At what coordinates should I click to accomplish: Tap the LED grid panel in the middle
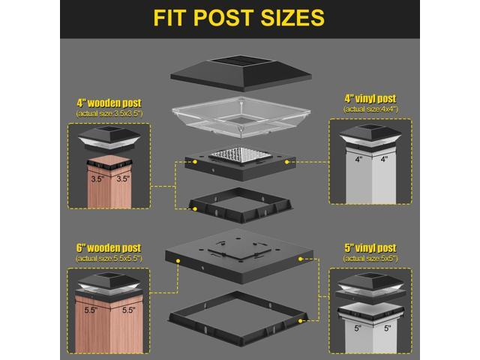pos(238,157)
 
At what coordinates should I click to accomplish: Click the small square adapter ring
pos(238,203)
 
